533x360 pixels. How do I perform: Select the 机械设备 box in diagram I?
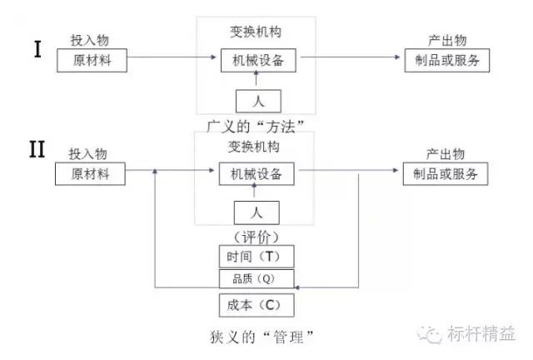point(257,60)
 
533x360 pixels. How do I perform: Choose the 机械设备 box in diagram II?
point(257,174)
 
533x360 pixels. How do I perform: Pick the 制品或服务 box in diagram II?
point(445,174)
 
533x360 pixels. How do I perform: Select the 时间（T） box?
point(257,256)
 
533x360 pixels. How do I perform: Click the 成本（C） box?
point(257,304)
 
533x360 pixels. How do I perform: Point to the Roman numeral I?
point(37,49)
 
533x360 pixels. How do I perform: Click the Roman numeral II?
point(37,150)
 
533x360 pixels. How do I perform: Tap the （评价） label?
point(257,236)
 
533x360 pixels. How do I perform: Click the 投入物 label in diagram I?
point(89,40)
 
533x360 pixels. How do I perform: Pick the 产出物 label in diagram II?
point(444,155)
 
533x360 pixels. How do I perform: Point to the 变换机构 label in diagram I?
point(257,32)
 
